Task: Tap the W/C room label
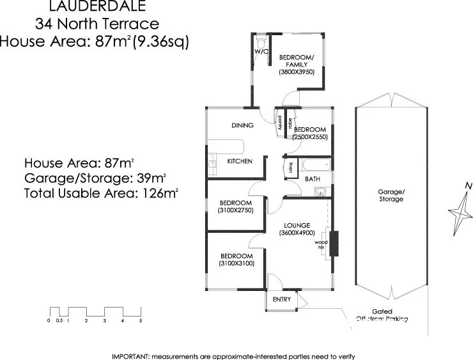point(261,51)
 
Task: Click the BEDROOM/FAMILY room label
point(297,61)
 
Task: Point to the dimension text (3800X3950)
point(297,72)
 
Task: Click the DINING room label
point(242,125)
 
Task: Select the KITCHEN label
point(240,161)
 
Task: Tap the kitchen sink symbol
point(210,164)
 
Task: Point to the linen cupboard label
point(290,169)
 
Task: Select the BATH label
point(312,180)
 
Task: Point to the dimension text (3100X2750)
point(236,210)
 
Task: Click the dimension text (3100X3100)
point(236,263)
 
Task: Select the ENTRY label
point(281,299)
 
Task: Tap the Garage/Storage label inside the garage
point(391,196)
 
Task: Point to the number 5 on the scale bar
point(140,320)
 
